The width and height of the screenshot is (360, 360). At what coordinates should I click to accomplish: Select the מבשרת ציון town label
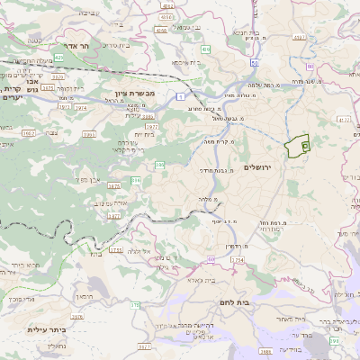pos(136,94)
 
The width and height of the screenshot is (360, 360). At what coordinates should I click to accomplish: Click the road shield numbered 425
pos(58,57)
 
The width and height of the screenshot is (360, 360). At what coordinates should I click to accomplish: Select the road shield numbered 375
pos(135,305)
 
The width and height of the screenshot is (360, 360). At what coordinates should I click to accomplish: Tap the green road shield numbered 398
pos(334,341)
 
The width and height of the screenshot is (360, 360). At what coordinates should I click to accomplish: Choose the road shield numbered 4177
pos(344,118)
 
